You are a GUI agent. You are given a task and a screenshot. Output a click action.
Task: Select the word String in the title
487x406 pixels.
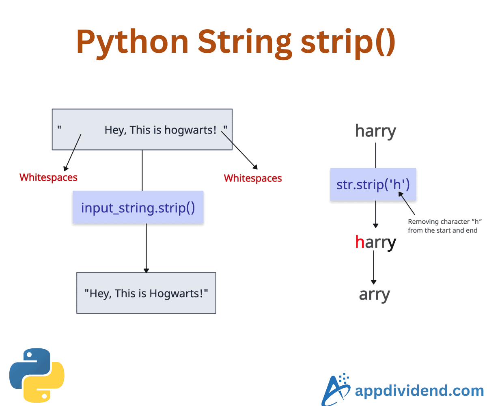click(245, 42)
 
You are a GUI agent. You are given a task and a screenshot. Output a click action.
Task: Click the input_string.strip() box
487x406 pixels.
click(138, 207)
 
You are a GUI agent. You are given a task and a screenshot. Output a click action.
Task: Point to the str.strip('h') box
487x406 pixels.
click(373, 184)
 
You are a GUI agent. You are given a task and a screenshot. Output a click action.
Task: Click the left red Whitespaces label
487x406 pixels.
click(48, 177)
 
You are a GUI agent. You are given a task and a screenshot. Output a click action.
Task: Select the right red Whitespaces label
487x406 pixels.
click(253, 178)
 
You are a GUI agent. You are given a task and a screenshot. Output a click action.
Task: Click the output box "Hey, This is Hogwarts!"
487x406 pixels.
click(146, 293)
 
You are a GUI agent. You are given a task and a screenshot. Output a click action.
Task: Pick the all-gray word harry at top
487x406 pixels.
click(375, 131)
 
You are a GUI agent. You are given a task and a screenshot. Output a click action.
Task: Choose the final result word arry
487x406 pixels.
click(374, 294)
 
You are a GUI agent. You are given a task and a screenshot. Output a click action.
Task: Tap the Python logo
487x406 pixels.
click(37, 375)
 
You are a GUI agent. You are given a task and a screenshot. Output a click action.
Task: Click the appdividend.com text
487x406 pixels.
click(419, 391)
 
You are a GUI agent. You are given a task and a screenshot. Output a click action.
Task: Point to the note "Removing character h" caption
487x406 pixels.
click(442, 226)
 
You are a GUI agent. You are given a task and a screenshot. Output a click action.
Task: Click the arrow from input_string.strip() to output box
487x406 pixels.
click(146, 248)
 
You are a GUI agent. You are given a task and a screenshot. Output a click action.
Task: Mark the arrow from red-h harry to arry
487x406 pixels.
click(374, 268)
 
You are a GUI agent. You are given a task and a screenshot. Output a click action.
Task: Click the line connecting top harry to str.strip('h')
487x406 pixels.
click(375, 154)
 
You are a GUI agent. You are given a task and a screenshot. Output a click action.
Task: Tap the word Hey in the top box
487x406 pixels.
click(114, 130)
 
